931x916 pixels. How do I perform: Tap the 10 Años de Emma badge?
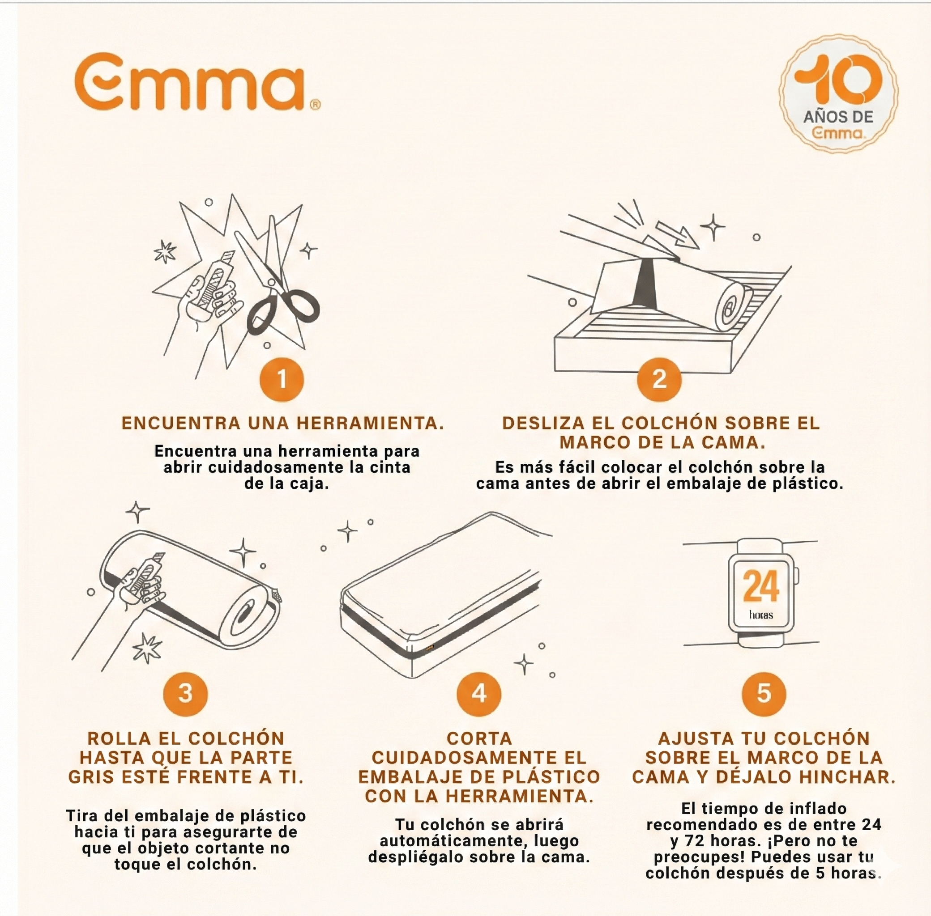[x=838, y=93]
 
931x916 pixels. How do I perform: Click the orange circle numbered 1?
[x=282, y=379]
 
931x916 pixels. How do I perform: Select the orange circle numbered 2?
[x=659, y=379]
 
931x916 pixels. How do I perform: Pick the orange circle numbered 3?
[x=185, y=693]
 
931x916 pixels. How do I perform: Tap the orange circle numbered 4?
[x=478, y=693]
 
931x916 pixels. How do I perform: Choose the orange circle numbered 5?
[x=764, y=693]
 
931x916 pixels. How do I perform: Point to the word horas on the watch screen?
[x=761, y=615]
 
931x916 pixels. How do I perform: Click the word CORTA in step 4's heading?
[x=479, y=738]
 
